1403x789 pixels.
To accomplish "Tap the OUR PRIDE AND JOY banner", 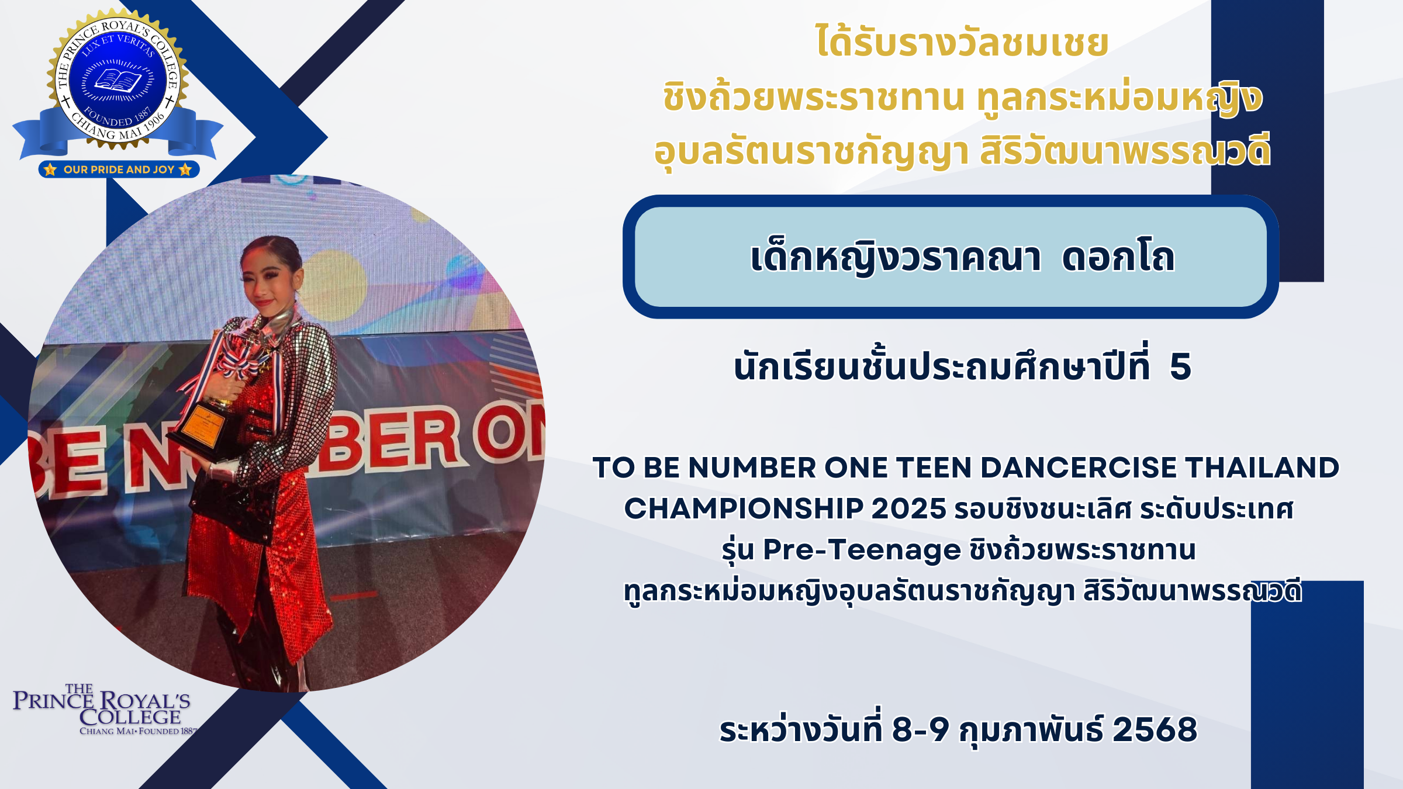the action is [x=119, y=169].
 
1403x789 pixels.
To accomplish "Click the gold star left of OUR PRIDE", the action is [x=50, y=169].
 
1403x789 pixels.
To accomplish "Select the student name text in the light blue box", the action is [x=962, y=257].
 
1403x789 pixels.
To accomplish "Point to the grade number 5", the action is [x=1180, y=367].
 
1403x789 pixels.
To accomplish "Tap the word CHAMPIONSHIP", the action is [x=744, y=508].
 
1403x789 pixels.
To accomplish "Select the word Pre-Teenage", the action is [x=862, y=550].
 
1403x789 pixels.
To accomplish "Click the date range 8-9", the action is [x=921, y=729].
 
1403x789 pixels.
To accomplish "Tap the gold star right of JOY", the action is [x=185, y=169].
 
